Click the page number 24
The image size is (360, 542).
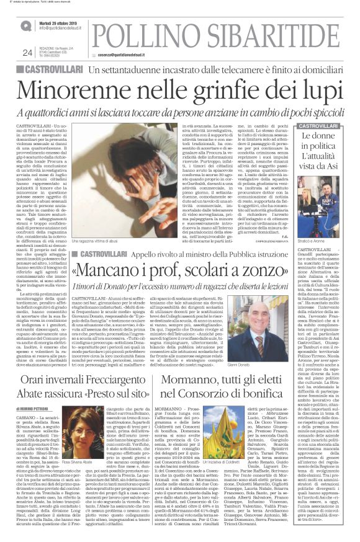coord(27,52)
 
